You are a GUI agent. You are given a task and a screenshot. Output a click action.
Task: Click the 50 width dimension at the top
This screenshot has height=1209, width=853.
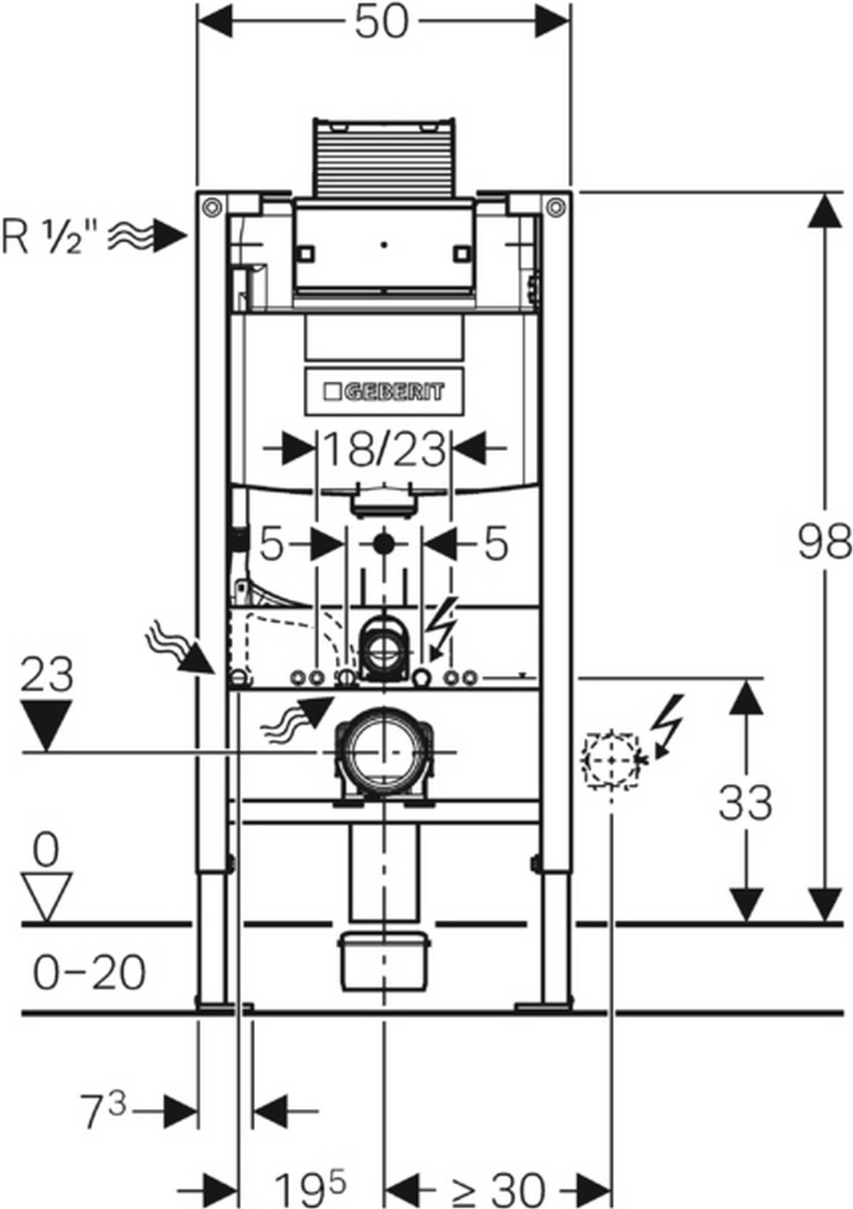[382, 23]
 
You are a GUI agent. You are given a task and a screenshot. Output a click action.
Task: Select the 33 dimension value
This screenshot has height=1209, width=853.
[745, 803]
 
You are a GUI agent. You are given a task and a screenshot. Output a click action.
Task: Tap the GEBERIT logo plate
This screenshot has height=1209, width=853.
[384, 392]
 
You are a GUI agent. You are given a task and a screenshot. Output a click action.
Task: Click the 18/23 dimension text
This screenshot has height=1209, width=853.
[384, 450]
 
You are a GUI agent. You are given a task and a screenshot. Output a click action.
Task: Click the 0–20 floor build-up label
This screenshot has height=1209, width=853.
[89, 972]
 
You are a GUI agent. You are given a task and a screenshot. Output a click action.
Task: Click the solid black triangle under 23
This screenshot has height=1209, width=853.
[46, 724]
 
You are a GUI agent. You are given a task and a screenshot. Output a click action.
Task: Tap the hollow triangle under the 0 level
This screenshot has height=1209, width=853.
[46, 897]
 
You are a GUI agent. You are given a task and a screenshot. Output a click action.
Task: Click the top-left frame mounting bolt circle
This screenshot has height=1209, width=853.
[211, 207]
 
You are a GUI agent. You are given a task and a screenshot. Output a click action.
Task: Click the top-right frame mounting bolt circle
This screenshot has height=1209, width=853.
[556, 207]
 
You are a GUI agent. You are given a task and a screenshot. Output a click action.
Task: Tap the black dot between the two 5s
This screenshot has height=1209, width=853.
[384, 545]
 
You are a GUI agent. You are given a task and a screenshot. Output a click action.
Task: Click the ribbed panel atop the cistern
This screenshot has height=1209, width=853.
[384, 156]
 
